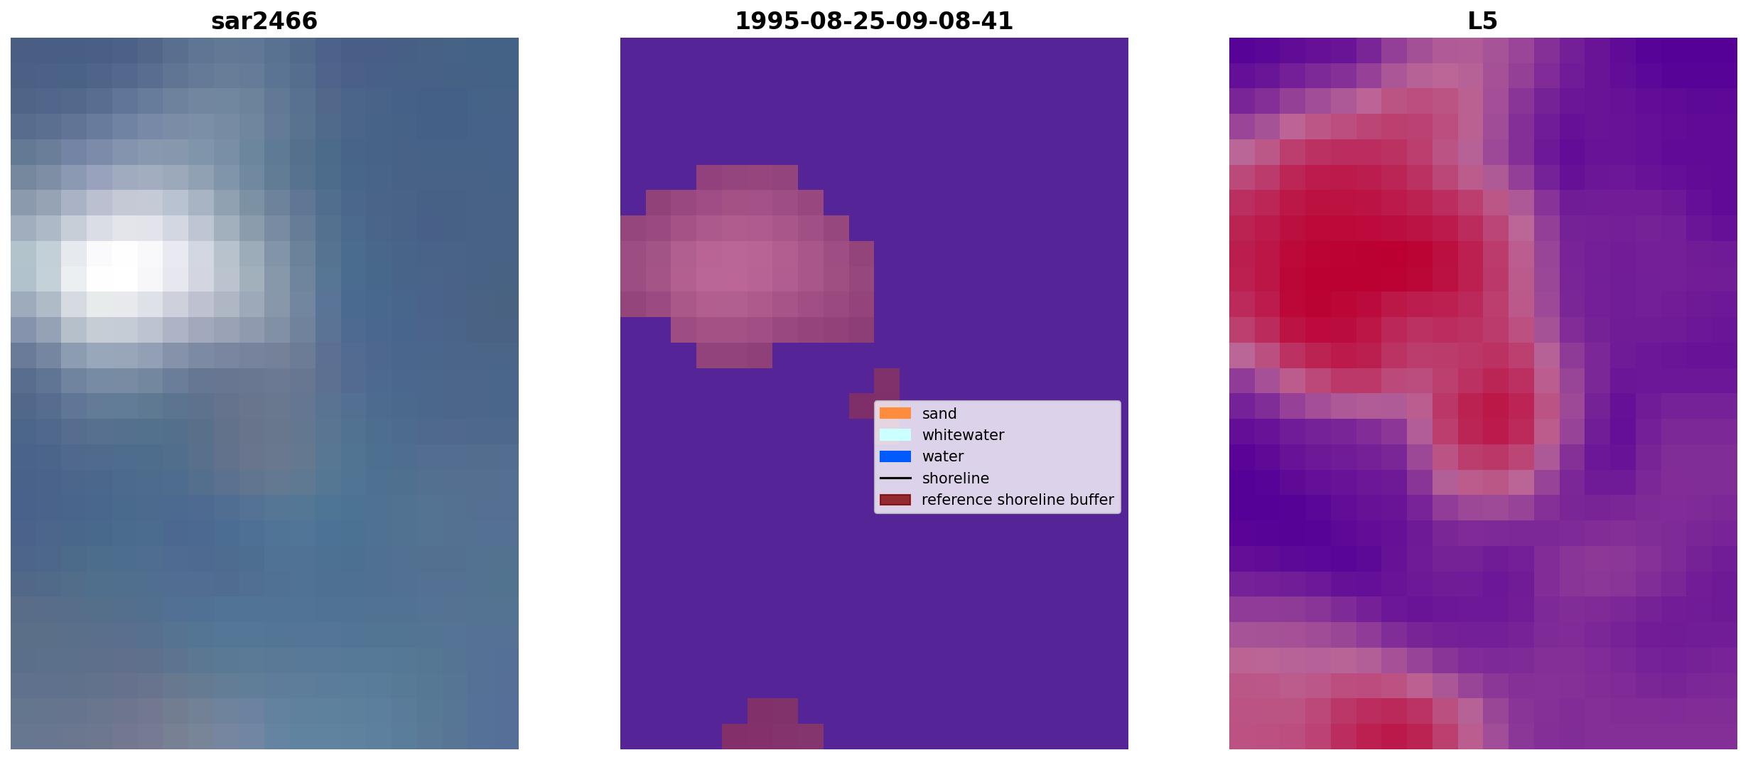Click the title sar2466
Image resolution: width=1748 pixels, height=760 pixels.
(264, 21)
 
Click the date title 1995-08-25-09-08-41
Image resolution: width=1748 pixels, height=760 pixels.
(874, 21)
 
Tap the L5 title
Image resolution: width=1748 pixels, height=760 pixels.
(1483, 21)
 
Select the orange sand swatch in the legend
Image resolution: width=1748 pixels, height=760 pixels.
(895, 414)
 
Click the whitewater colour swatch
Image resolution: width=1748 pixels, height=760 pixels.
(895, 435)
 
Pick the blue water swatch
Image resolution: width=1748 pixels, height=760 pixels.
(895, 456)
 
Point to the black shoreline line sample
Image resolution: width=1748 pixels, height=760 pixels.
(895, 478)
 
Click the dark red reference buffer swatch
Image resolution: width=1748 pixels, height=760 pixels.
(895, 500)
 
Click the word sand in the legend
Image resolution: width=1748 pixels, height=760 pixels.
(939, 414)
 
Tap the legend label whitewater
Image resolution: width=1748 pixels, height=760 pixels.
(963, 435)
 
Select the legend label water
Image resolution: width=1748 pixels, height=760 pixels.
(943, 456)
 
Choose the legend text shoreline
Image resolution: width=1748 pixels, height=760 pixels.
(956, 478)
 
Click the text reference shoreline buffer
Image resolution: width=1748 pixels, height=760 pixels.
(1018, 500)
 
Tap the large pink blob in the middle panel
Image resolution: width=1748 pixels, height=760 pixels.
(746, 266)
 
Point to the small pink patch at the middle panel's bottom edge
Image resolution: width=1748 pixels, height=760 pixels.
(772, 724)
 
